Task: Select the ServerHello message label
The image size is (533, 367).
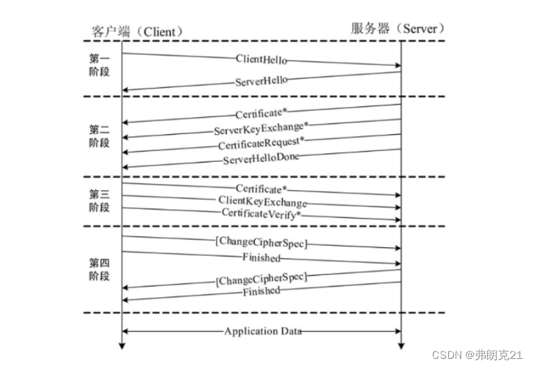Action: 261,81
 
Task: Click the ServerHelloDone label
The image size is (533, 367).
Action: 261,158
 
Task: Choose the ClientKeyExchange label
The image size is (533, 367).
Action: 262,202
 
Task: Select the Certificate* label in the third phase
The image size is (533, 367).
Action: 261,188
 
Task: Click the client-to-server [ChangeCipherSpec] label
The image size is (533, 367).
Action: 261,244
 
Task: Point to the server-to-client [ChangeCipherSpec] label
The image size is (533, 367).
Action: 261,278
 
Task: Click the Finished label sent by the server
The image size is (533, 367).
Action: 261,291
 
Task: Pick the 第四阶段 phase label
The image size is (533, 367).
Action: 99,270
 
